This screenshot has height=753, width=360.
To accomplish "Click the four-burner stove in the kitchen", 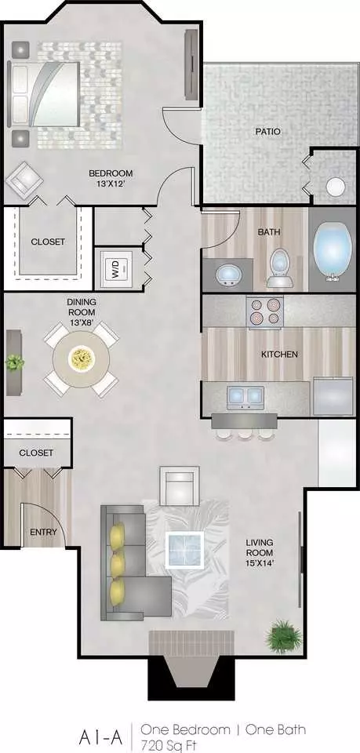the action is pos(265,311).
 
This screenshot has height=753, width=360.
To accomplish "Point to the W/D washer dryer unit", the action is pos(115,269).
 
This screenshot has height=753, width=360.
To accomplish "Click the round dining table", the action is pos(82,358).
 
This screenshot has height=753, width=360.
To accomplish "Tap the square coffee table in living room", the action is pos(185,549).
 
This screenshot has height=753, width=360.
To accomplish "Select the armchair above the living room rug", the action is pos(180,486).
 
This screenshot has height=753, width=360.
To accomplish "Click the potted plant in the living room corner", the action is pos(284,636).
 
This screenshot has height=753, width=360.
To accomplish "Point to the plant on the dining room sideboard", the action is pos(15,362).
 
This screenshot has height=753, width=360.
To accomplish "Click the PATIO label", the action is pos(267,131).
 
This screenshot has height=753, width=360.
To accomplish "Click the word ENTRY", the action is pos(43,532).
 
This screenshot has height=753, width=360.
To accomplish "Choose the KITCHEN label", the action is pos(279,355).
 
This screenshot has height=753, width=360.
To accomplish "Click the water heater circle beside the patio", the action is pos(336,187).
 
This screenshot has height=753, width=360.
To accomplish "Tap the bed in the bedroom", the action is pos(44,94).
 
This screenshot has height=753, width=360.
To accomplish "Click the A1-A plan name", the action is pos(101,737).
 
